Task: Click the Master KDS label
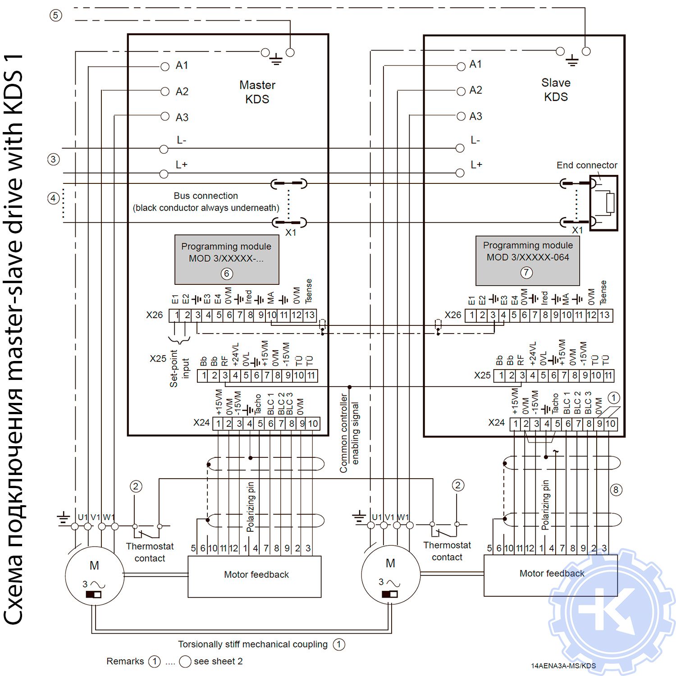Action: point(257,92)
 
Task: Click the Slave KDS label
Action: point(556,90)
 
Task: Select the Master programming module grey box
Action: point(227,259)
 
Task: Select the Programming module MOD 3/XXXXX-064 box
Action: point(527,261)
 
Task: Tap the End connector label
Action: point(586,165)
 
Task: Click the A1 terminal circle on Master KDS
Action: point(165,67)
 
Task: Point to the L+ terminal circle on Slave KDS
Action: point(460,173)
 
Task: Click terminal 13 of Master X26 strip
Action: point(310,315)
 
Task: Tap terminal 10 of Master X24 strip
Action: point(313,424)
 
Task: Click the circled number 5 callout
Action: point(55,15)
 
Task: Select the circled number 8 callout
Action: point(616,490)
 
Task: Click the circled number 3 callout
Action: point(53,159)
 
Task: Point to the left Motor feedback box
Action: point(255,576)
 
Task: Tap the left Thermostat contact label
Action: point(150,552)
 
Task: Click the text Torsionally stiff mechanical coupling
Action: point(252,644)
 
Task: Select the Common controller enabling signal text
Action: point(349,433)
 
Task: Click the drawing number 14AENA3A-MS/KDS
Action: point(563,666)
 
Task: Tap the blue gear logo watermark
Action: point(613,613)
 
